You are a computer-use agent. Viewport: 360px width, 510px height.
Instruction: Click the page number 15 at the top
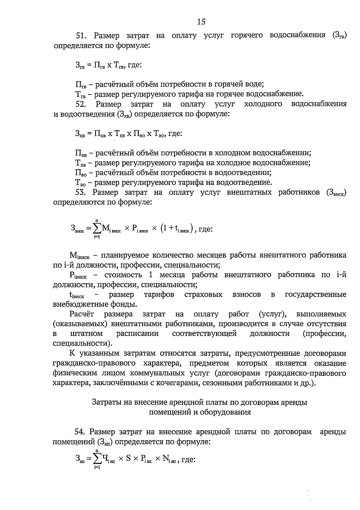[x=201, y=22]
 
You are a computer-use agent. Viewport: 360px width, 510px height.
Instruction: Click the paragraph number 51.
[x=81, y=36]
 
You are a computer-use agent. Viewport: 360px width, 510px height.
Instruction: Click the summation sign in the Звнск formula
[x=97, y=229]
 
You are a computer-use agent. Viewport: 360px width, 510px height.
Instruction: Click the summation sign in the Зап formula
[x=97, y=459]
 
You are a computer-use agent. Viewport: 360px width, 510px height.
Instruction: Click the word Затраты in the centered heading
[x=104, y=402]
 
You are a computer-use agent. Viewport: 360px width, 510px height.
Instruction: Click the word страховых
[x=203, y=294]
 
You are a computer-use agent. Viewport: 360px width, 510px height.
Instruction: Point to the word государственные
[x=316, y=294]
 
